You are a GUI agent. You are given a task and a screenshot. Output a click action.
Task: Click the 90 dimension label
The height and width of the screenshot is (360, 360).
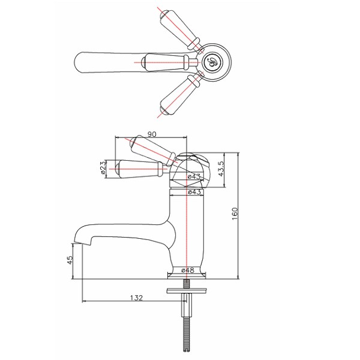click(152, 134)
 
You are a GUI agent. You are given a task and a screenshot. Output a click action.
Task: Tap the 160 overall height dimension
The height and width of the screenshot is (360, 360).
click(235, 214)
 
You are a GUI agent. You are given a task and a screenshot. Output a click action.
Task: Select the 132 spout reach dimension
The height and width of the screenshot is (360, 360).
click(137, 298)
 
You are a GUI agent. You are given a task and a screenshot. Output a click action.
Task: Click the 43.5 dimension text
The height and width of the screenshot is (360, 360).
click(220, 169)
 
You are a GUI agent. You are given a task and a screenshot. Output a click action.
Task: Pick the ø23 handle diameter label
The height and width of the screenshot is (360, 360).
click(103, 167)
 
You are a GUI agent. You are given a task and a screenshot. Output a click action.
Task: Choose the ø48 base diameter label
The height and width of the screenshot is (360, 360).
click(188, 270)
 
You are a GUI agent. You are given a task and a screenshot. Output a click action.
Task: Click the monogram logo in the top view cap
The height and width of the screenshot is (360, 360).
click(212, 62)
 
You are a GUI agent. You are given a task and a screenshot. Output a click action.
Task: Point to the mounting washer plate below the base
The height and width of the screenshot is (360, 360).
click(187, 290)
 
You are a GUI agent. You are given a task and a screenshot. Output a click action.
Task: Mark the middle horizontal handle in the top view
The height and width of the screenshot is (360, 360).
click(169, 62)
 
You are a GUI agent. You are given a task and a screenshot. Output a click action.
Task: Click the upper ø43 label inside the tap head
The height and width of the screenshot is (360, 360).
click(194, 176)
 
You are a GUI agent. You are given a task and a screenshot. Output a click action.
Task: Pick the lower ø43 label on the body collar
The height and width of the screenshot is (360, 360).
click(194, 192)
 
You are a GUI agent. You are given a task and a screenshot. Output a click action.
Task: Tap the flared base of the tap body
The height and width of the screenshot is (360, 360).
click(187, 273)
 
